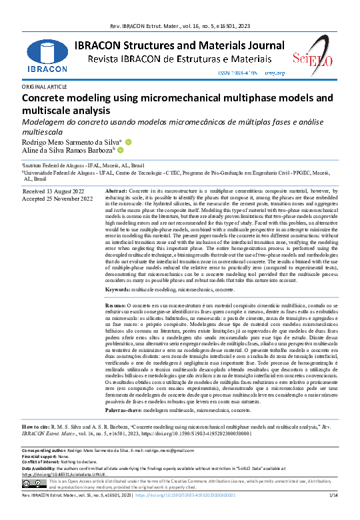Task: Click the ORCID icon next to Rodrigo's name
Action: tap(129, 142)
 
